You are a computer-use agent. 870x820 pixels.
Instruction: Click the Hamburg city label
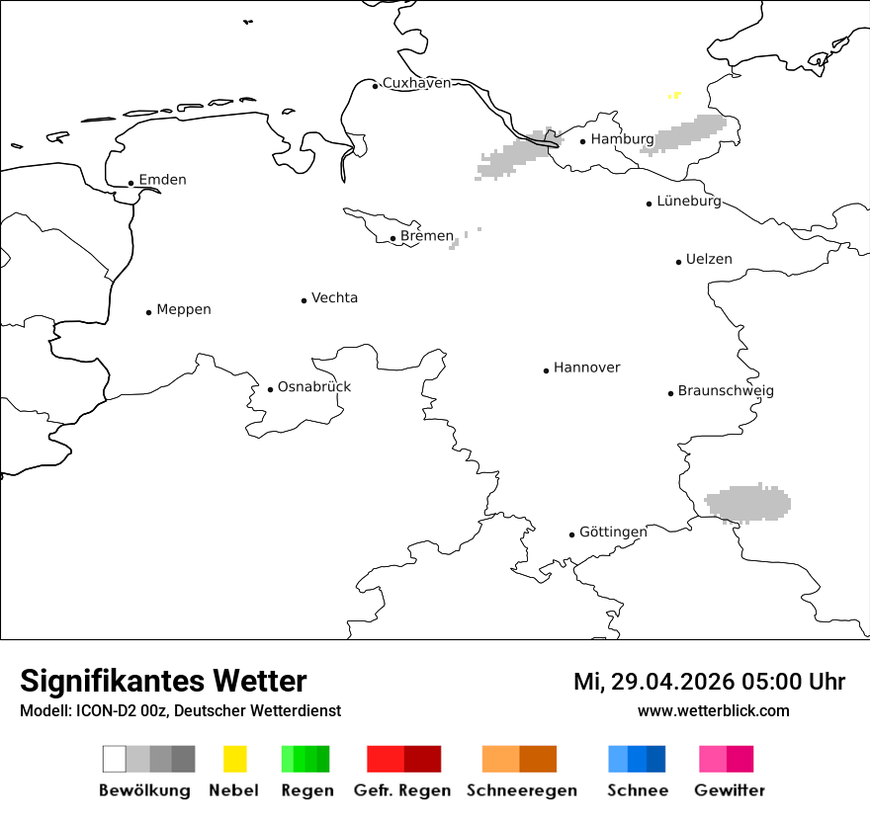pyautogui.click(x=622, y=139)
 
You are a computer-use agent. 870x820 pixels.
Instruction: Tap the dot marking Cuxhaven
pyautogui.click(x=375, y=86)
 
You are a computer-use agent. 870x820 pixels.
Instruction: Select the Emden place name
pyautogui.click(x=162, y=180)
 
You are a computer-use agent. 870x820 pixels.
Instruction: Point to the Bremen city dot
pyautogui.click(x=392, y=238)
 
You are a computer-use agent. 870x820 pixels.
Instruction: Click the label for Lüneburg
pyautogui.click(x=689, y=202)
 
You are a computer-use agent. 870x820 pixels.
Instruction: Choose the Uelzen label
pyautogui.click(x=709, y=260)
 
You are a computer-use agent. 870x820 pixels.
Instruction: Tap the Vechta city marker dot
pyautogui.click(x=304, y=300)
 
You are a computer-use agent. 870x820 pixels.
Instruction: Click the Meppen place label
pyautogui.click(x=184, y=310)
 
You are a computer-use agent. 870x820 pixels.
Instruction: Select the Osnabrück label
pyautogui.click(x=313, y=387)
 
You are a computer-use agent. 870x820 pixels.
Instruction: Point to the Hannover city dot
pyautogui.click(x=546, y=370)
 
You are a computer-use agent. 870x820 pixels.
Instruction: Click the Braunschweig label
pyautogui.click(x=726, y=391)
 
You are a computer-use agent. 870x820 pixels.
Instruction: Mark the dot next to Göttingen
pyautogui.click(x=571, y=534)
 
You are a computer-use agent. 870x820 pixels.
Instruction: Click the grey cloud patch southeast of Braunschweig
pyautogui.click(x=749, y=504)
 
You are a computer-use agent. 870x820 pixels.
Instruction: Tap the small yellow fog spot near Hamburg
pyautogui.click(x=674, y=96)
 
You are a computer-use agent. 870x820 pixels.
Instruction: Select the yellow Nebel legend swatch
pyautogui.click(x=234, y=759)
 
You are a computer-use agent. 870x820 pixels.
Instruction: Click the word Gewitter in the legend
pyautogui.click(x=729, y=790)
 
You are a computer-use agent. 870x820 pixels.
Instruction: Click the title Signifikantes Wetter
pyautogui.click(x=163, y=681)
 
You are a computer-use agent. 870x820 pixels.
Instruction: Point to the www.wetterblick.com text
pyautogui.click(x=713, y=710)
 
